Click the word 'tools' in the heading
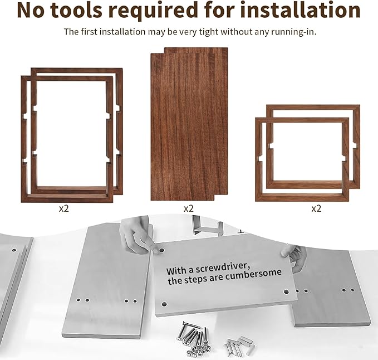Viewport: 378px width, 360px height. (77, 10)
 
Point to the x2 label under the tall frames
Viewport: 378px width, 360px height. (64, 208)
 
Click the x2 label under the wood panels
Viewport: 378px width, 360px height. (189, 208)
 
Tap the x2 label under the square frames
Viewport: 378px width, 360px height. (316, 208)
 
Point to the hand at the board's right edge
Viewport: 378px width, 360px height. (296, 257)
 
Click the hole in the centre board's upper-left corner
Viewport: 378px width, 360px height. (161, 250)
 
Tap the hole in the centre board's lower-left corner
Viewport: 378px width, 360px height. (164, 304)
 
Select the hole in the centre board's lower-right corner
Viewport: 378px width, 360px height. (286, 291)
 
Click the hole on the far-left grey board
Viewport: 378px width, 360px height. (14, 251)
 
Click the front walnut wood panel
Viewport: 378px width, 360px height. (183, 127)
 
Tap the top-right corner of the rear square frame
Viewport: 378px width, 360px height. (360, 105)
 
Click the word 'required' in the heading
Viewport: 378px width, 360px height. (153, 11)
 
